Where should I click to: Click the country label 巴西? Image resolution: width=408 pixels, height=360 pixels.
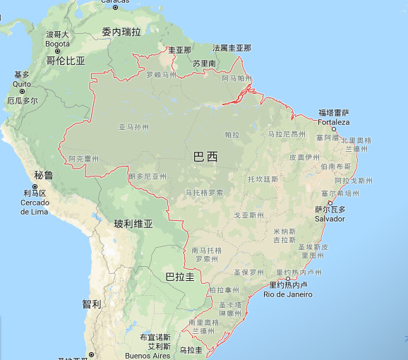click(205, 157)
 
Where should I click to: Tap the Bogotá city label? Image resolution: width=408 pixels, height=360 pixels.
click(58, 43)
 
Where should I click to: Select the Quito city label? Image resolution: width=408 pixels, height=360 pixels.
click(22, 83)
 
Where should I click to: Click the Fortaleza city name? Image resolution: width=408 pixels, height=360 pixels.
click(333, 121)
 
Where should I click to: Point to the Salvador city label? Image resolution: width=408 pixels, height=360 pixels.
click(330, 218)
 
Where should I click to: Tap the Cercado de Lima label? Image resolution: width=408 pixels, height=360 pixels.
click(34, 207)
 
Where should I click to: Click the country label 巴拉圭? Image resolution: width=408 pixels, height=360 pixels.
click(179, 277)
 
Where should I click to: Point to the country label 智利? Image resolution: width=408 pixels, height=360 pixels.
click(91, 304)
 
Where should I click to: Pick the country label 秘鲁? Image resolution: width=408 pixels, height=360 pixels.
click(44, 175)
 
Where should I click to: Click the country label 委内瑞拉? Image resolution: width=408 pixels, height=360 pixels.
click(121, 32)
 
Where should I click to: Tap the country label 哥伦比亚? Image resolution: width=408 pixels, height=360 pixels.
click(66, 61)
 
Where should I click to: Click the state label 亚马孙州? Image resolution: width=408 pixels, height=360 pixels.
click(133, 127)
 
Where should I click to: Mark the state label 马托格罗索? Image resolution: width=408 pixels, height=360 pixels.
click(204, 192)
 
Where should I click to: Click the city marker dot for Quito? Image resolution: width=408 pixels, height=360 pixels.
click(22, 91)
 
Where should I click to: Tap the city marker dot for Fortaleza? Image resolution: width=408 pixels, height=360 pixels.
click(333, 129)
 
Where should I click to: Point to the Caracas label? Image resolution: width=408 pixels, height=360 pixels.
click(114, 2)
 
